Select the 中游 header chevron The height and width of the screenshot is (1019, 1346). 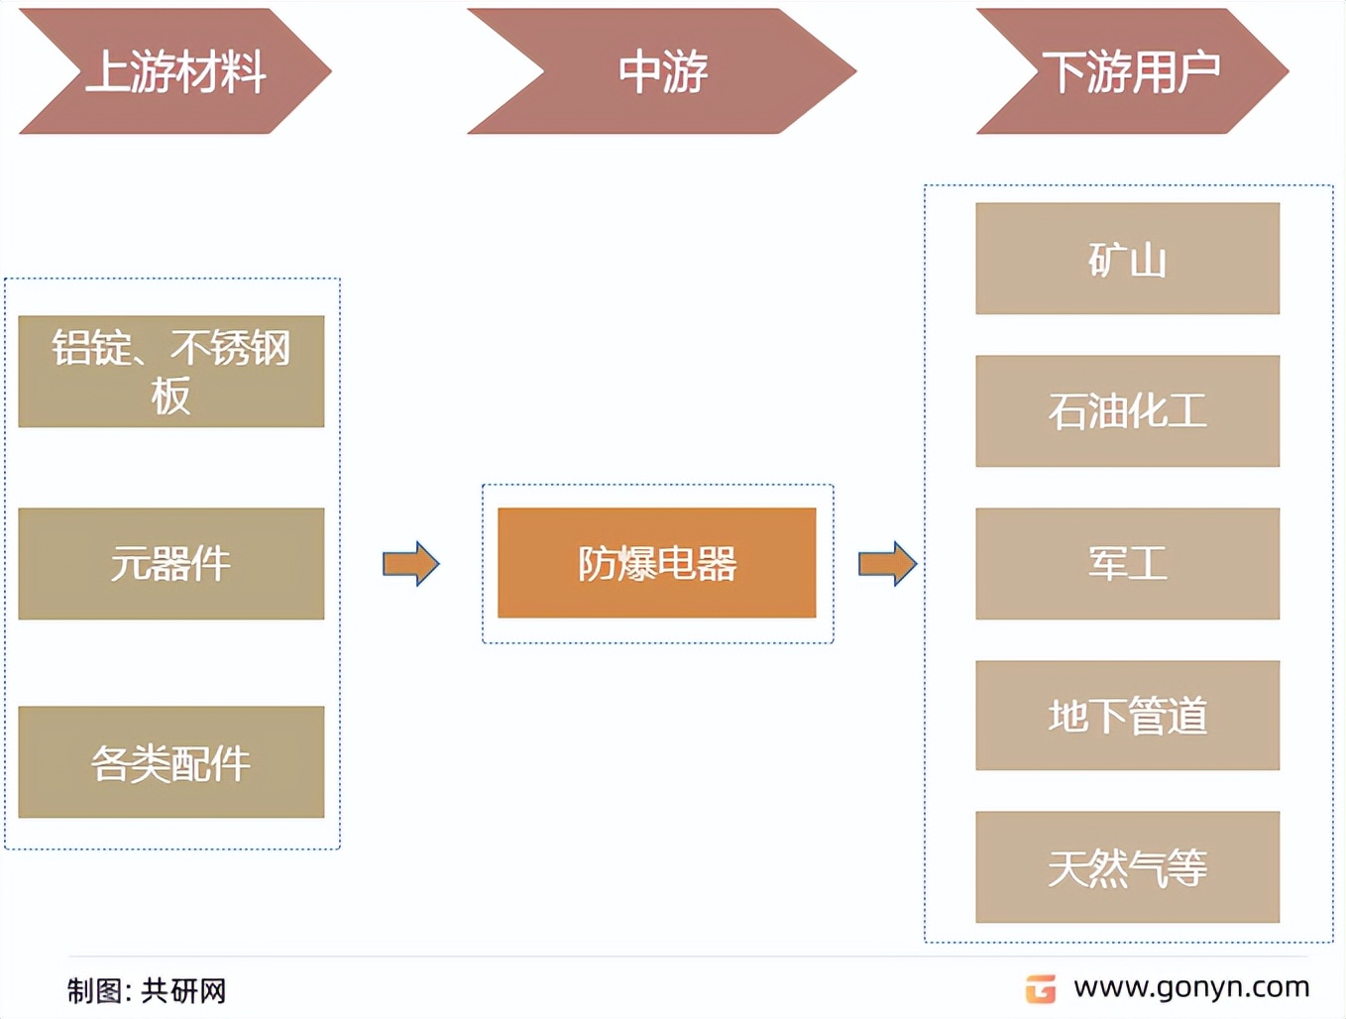pyautogui.click(x=662, y=71)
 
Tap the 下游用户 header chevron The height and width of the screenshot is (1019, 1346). pyautogui.click(x=1133, y=71)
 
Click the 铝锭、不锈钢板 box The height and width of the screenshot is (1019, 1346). pyautogui.click(x=171, y=372)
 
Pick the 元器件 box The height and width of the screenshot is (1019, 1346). pyautogui.click(x=171, y=563)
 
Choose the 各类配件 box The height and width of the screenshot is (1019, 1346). pyautogui.click(x=171, y=762)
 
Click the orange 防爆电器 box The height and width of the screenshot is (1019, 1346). pyautogui.click(x=657, y=563)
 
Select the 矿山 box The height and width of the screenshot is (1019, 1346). pyautogui.click(x=1128, y=259)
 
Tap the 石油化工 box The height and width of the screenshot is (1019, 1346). pyautogui.click(x=1128, y=411)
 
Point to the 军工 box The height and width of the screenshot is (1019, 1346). pyautogui.click(x=1128, y=563)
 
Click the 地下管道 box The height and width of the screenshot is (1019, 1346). pyautogui.click(x=1128, y=716)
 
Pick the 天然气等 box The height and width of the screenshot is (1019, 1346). pyautogui.click(x=1128, y=867)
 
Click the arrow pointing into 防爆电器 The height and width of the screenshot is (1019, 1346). pyautogui.click(x=411, y=563)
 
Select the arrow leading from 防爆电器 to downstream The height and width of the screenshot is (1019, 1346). pyautogui.click(x=887, y=563)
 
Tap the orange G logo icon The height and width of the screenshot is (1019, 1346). pyautogui.click(x=1041, y=989)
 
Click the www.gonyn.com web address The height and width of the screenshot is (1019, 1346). pyautogui.click(x=1191, y=988)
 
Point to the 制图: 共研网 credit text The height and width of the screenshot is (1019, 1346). pyautogui.click(x=147, y=991)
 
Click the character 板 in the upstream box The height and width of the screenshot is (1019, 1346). pyautogui.click(x=171, y=396)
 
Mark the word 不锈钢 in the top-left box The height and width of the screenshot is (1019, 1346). pyautogui.click(x=230, y=348)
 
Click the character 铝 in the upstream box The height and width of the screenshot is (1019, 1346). pyautogui.click(x=71, y=348)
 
